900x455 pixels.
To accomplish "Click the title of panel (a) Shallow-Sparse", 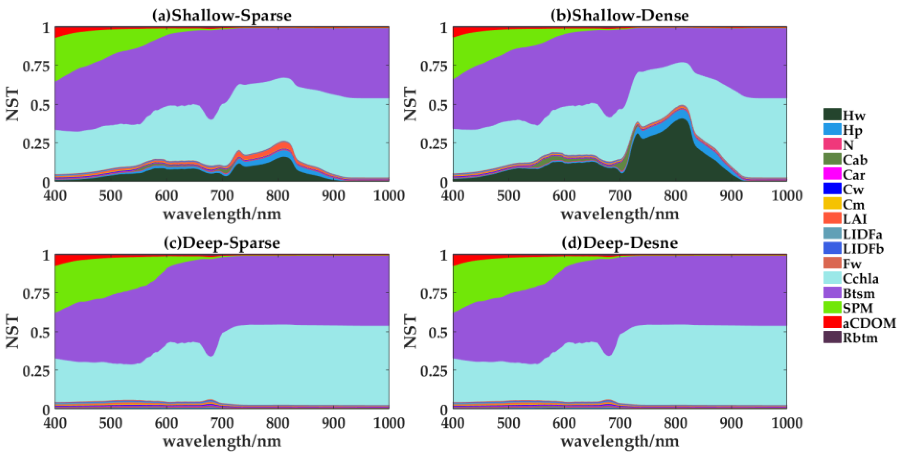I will click(221, 15).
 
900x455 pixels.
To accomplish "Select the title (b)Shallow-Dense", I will click(619, 15).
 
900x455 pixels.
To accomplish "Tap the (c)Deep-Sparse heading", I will click(221, 243).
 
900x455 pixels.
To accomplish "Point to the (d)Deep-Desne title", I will click(619, 243).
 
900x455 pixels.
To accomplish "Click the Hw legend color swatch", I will click(832, 115).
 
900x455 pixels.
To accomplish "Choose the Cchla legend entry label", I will click(860, 278).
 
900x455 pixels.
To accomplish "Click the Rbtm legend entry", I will click(859, 338).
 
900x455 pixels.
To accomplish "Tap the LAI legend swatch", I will click(832, 219).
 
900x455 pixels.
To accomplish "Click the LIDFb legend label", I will click(863, 249).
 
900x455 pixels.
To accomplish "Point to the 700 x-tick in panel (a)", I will click(222, 196).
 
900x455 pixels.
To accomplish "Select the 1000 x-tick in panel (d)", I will click(786, 423).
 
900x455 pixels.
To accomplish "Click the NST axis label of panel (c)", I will click(12, 332).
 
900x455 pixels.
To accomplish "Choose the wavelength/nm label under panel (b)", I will click(619, 214).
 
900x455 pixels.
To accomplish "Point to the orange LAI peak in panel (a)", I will click(285, 145).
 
